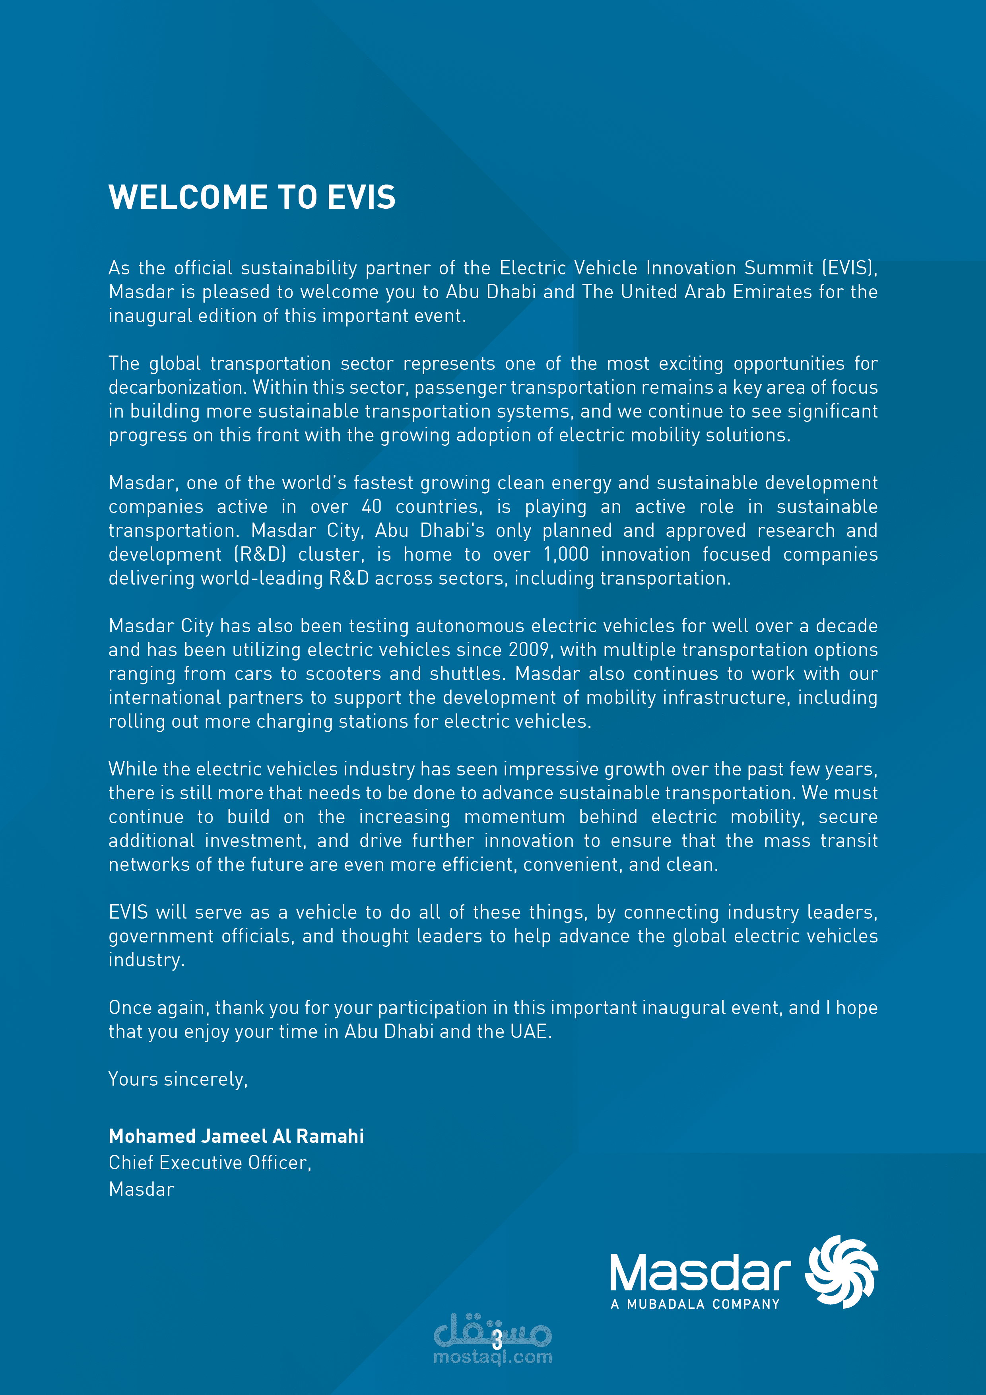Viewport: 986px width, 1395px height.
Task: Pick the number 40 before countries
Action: pos(371,507)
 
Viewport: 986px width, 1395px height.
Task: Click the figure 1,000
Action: pos(566,554)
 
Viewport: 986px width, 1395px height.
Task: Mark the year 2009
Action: pos(529,649)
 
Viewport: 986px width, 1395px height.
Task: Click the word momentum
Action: pos(514,816)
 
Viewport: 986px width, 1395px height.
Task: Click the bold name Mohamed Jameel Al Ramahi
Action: pos(236,1136)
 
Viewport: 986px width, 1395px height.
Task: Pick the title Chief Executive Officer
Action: pos(210,1163)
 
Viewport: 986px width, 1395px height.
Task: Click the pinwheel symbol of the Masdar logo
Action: pos(841,1271)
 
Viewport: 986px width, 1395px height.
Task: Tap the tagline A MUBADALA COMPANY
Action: pos(695,1304)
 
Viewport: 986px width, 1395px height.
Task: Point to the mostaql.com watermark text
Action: pos(493,1357)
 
